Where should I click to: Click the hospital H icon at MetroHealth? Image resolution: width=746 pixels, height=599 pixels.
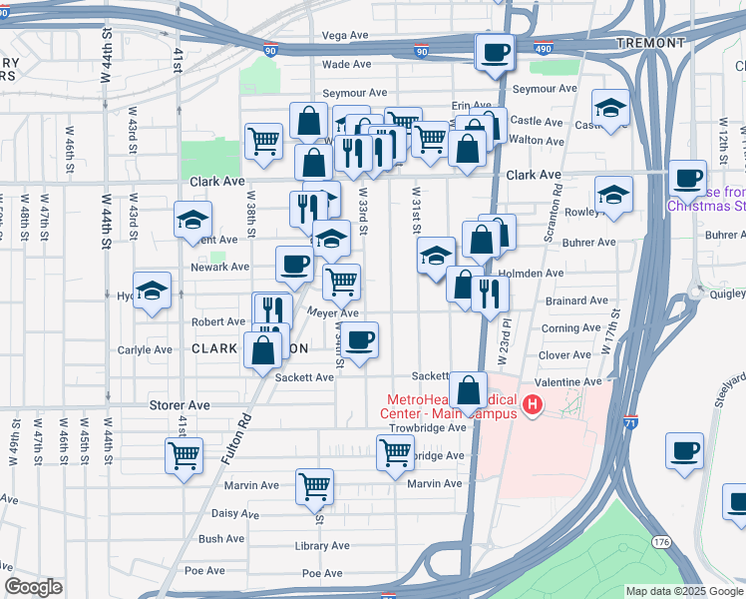533,404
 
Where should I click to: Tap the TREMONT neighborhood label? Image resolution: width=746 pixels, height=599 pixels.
651,43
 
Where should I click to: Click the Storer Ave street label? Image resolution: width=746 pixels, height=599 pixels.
180,405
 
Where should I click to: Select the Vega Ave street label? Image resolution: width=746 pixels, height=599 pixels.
345,36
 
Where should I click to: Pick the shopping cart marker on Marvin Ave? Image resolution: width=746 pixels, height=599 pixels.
314,485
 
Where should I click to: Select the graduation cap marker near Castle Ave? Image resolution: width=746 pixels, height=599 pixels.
610,106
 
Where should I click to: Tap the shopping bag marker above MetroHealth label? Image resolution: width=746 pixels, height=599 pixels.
468,389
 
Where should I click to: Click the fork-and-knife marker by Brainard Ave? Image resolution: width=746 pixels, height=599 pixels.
490,293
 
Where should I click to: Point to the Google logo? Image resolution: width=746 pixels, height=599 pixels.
34,588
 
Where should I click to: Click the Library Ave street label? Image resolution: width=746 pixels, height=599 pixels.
322,546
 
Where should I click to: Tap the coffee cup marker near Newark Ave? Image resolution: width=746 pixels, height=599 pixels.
294,264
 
